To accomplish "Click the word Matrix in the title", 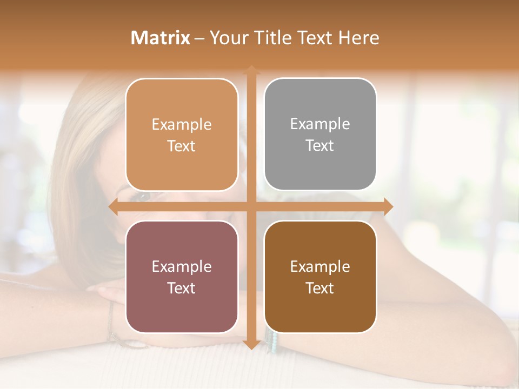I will [x=160, y=38].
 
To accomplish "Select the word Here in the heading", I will [x=359, y=38].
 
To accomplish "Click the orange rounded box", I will [x=182, y=135].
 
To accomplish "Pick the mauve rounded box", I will [x=182, y=277].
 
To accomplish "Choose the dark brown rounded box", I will [x=320, y=277].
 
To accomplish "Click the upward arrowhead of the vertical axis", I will [x=251, y=71].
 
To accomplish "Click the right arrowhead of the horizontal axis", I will [x=388, y=206].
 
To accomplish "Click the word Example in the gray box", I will [x=320, y=124].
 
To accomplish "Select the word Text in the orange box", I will [x=182, y=146].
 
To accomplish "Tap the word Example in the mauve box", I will [x=182, y=266].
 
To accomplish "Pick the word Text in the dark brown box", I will [x=320, y=288].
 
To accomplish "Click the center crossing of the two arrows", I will [x=251, y=206].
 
